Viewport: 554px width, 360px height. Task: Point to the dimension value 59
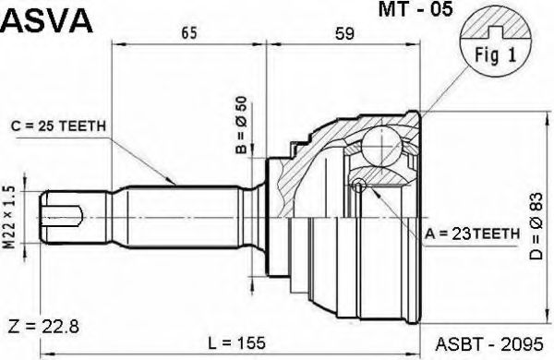click(343, 34)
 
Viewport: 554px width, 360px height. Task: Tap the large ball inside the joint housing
click(379, 147)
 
